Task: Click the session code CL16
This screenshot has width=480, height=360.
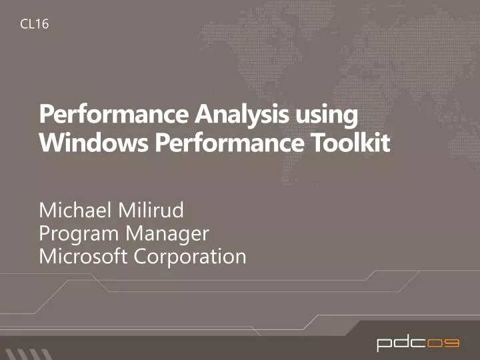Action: click(x=34, y=25)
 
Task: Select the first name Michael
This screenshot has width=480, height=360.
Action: click(x=75, y=212)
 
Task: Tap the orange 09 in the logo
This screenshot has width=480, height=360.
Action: click(x=443, y=343)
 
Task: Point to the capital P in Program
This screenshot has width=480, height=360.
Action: click(x=45, y=234)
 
